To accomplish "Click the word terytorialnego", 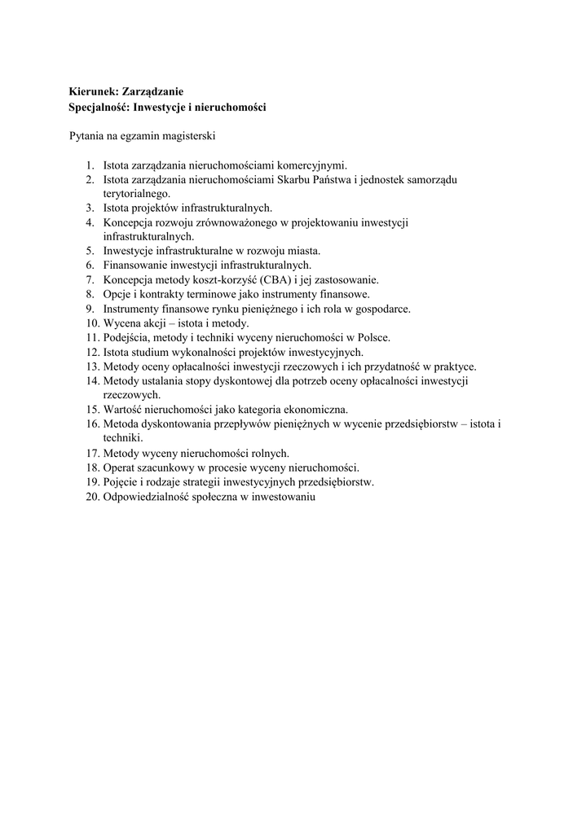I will (136, 193).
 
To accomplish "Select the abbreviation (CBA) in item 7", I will (275, 279).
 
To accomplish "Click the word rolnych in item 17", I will (270, 453).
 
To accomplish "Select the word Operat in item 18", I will (121, 467).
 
